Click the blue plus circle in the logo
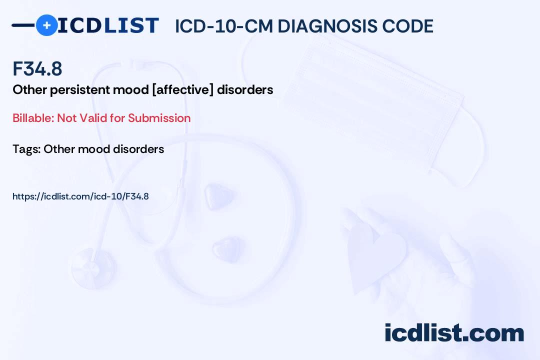(x=46, y=25)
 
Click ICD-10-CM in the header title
(x=224, y=26)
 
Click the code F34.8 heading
(x=37, y=68)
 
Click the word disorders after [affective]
(x=245, y=89)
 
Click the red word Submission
(x=159, y=118)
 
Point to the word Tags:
(x=26, y=149)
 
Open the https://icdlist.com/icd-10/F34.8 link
(x=80, y=196)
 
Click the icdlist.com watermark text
(x=454, y=332)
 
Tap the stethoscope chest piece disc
(x=92, y=268)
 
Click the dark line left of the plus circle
(x=23, y=25)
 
